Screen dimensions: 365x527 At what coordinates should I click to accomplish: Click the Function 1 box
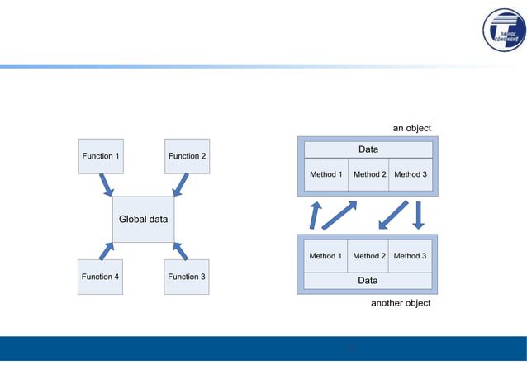tap(100, 156)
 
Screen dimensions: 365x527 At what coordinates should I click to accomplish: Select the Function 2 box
tap(187, 156)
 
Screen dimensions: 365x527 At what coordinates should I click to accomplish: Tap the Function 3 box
tap(187, 277)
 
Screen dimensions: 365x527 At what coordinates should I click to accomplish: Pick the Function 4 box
tap(100, 277)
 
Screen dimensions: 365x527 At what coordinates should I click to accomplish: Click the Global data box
tap(143, 220)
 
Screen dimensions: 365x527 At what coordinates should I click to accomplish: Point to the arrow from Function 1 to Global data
tap(107, 185)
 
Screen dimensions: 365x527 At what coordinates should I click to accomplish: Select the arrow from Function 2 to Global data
tap(180, 185)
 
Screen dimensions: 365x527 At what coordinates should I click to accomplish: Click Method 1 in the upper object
tap(325, 175)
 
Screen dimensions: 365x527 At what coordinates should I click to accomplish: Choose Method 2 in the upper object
tap(369, 175)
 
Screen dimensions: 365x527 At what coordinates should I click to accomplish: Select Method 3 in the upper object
tap(411, 175)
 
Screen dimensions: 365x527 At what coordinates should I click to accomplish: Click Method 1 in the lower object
tap(325, 256)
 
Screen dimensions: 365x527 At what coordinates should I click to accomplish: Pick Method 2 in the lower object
tap(369, 256)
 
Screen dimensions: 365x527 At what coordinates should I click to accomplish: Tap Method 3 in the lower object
tap(411, 256)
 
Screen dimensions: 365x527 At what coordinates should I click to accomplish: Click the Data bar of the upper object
tap(368, 149)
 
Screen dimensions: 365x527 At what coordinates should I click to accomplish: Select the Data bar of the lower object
tap(368, 281)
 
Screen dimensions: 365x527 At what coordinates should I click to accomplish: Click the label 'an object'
tap(411, 128)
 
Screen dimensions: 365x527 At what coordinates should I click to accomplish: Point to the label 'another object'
tap(401, 303)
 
